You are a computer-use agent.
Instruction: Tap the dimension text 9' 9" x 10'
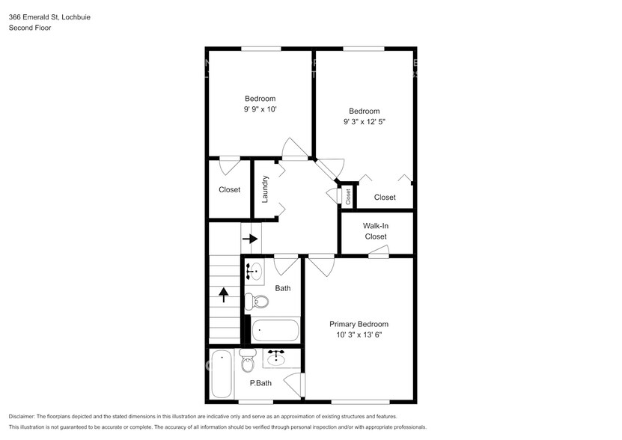(260, 109)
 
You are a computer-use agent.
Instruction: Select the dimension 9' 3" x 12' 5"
(365, 121)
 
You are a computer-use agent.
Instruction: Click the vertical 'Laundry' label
(265, 189)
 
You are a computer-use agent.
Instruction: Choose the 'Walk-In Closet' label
(376, 231)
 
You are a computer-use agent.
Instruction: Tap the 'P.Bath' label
(260, 383)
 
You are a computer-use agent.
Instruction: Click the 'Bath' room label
(283, 288)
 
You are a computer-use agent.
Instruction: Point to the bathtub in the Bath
(275, 330)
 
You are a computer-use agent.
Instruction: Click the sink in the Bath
(254, 271)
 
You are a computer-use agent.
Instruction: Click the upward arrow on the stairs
(223, 295)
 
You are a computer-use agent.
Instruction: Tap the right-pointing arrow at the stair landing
(250, 239)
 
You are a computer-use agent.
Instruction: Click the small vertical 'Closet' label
(348, 196)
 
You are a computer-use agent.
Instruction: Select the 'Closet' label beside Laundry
(230, 189)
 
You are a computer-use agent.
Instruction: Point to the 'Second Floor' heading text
(29, 28)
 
